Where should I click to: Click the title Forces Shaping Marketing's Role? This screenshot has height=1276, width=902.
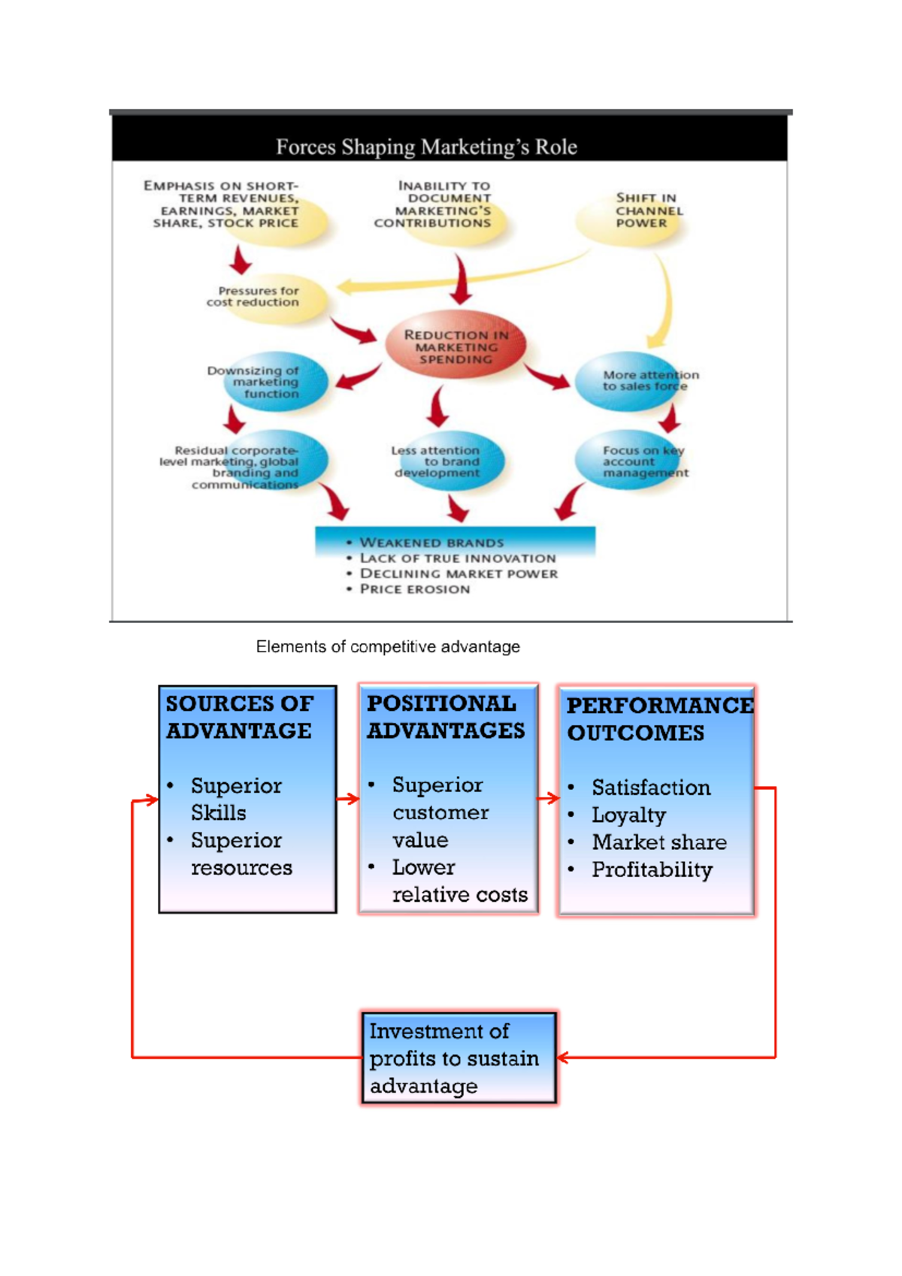click(x=426, y=147)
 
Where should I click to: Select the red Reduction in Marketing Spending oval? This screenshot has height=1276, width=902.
click(x=456, y=346)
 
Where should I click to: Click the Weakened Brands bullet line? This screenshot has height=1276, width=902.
click(x=431, y=543)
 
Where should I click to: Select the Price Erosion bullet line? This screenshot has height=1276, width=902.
click(x=414, y=589)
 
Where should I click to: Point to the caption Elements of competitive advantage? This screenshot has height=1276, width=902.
click(x=388, y=647)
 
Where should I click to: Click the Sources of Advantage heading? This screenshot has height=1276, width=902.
click(x=239, y=717)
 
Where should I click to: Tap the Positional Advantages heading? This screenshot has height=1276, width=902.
click(x=446, y=717)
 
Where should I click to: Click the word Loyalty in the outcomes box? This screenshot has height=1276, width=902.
click(x=628, y=815)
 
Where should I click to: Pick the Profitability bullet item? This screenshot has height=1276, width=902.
click(x=652, y=870)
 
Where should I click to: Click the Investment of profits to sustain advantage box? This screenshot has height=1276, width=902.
click(x=459, y=1058)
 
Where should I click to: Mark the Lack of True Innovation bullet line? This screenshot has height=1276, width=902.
click(x=458, y=558)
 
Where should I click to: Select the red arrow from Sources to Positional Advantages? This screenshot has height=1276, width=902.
click(x=348, y=799)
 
